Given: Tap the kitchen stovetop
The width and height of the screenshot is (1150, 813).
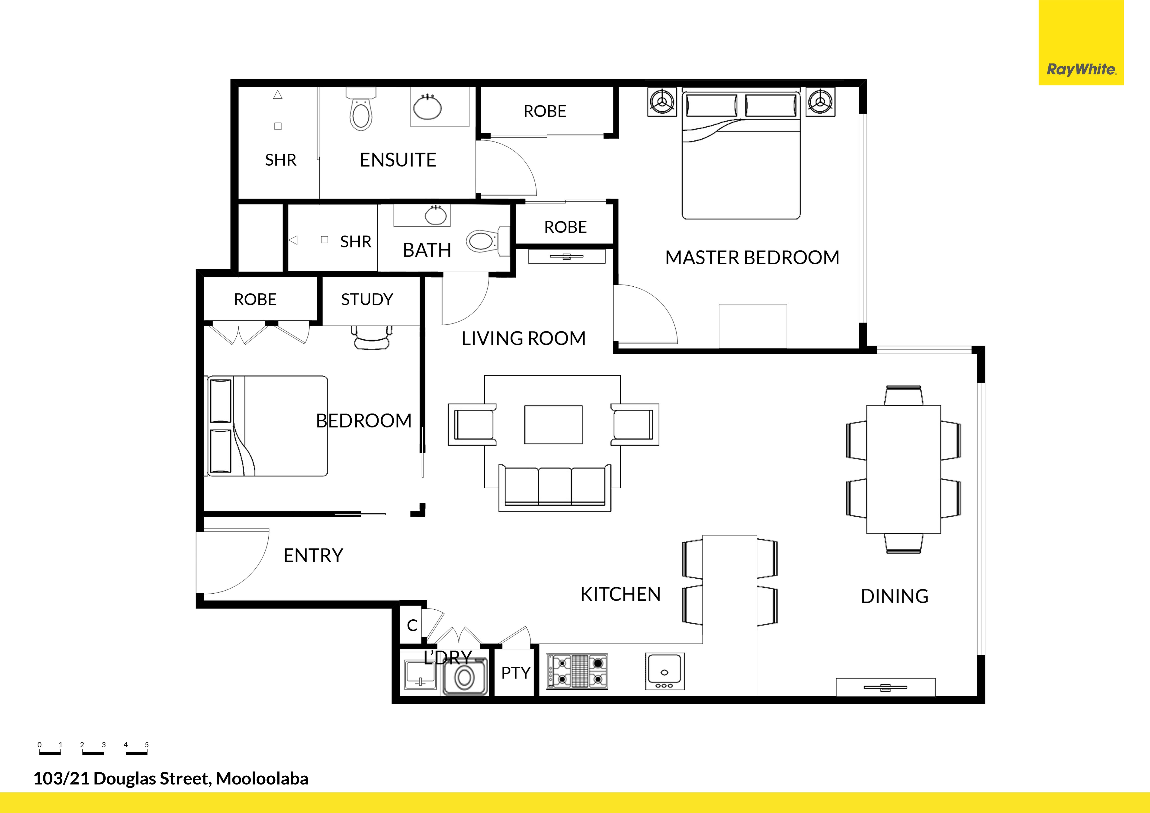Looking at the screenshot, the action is click(577, 671).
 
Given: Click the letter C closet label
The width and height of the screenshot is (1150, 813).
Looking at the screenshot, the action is click(412, 625).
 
